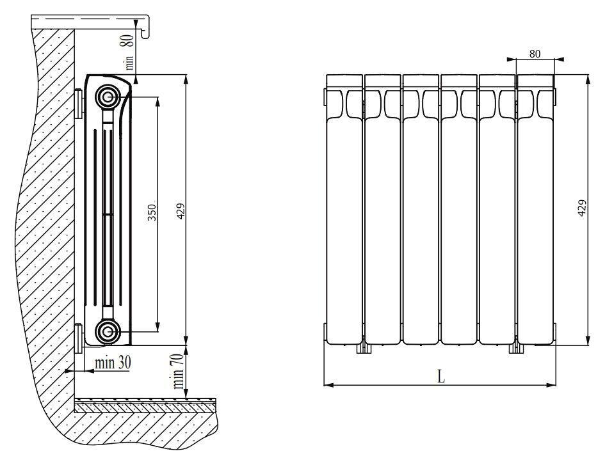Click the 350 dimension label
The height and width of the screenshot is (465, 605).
(152, 212)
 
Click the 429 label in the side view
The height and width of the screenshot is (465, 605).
(181, 211)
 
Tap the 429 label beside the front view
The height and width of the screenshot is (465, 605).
(582, 208)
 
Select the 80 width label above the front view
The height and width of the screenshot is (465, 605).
(535, 54)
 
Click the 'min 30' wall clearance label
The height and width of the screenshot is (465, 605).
(113, 362)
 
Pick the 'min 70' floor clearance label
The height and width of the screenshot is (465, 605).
(178, 372)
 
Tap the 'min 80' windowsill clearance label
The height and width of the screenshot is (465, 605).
(129, 52)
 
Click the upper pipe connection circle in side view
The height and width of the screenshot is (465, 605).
(108, 97)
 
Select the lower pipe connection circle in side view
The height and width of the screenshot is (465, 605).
(108, 331)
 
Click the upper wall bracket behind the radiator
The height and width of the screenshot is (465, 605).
(79, 103)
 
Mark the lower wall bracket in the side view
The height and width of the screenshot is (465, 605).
(79, 338)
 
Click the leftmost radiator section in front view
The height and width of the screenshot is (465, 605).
(344, 209)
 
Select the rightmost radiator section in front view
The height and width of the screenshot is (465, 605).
(536, 209)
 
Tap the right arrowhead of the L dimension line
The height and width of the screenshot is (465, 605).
(552, 384)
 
